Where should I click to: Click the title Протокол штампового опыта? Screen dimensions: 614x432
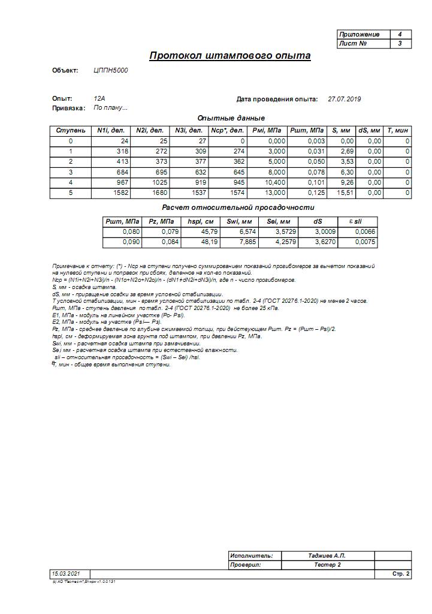tap(229, 56)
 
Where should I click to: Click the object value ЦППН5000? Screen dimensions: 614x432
tap(111, 71)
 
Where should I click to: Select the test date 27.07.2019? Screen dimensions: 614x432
tap(345, 99)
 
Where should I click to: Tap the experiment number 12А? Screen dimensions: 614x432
tap(99, 99)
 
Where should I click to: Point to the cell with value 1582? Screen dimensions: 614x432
tap(111, 193)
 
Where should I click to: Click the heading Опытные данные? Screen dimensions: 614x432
tap(231, 118)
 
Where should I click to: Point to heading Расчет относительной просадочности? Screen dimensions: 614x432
tap(231, 207)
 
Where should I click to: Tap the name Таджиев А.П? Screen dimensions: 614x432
tap(327, 556)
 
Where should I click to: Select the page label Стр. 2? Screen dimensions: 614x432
tap(401, 574)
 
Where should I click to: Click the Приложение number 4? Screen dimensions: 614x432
tap(400, 35)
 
